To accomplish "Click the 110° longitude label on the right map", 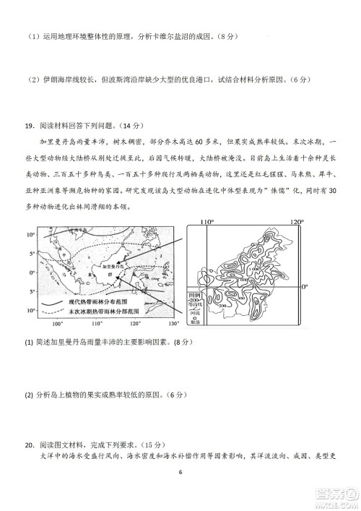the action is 208,222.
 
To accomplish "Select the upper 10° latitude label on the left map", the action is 31,235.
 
